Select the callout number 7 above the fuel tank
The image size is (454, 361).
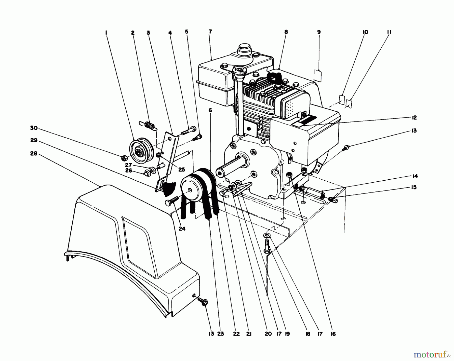pyautogui.click(x=210, y=32)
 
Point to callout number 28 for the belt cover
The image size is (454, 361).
pyautogui.click(x=34, y=153)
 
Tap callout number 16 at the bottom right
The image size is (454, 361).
pyautogui.click(x=333, y=334)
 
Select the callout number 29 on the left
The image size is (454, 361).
pyautogui.click(x=34, y=140)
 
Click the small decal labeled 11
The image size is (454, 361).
pyautogui.click(x=349, y=103)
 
